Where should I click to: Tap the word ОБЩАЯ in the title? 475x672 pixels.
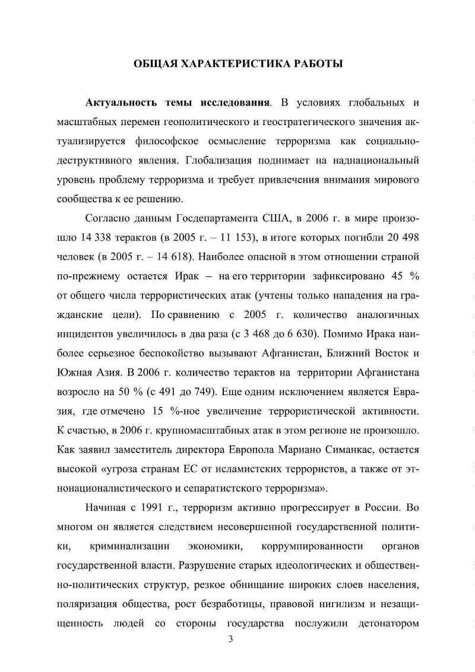(152, 64)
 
